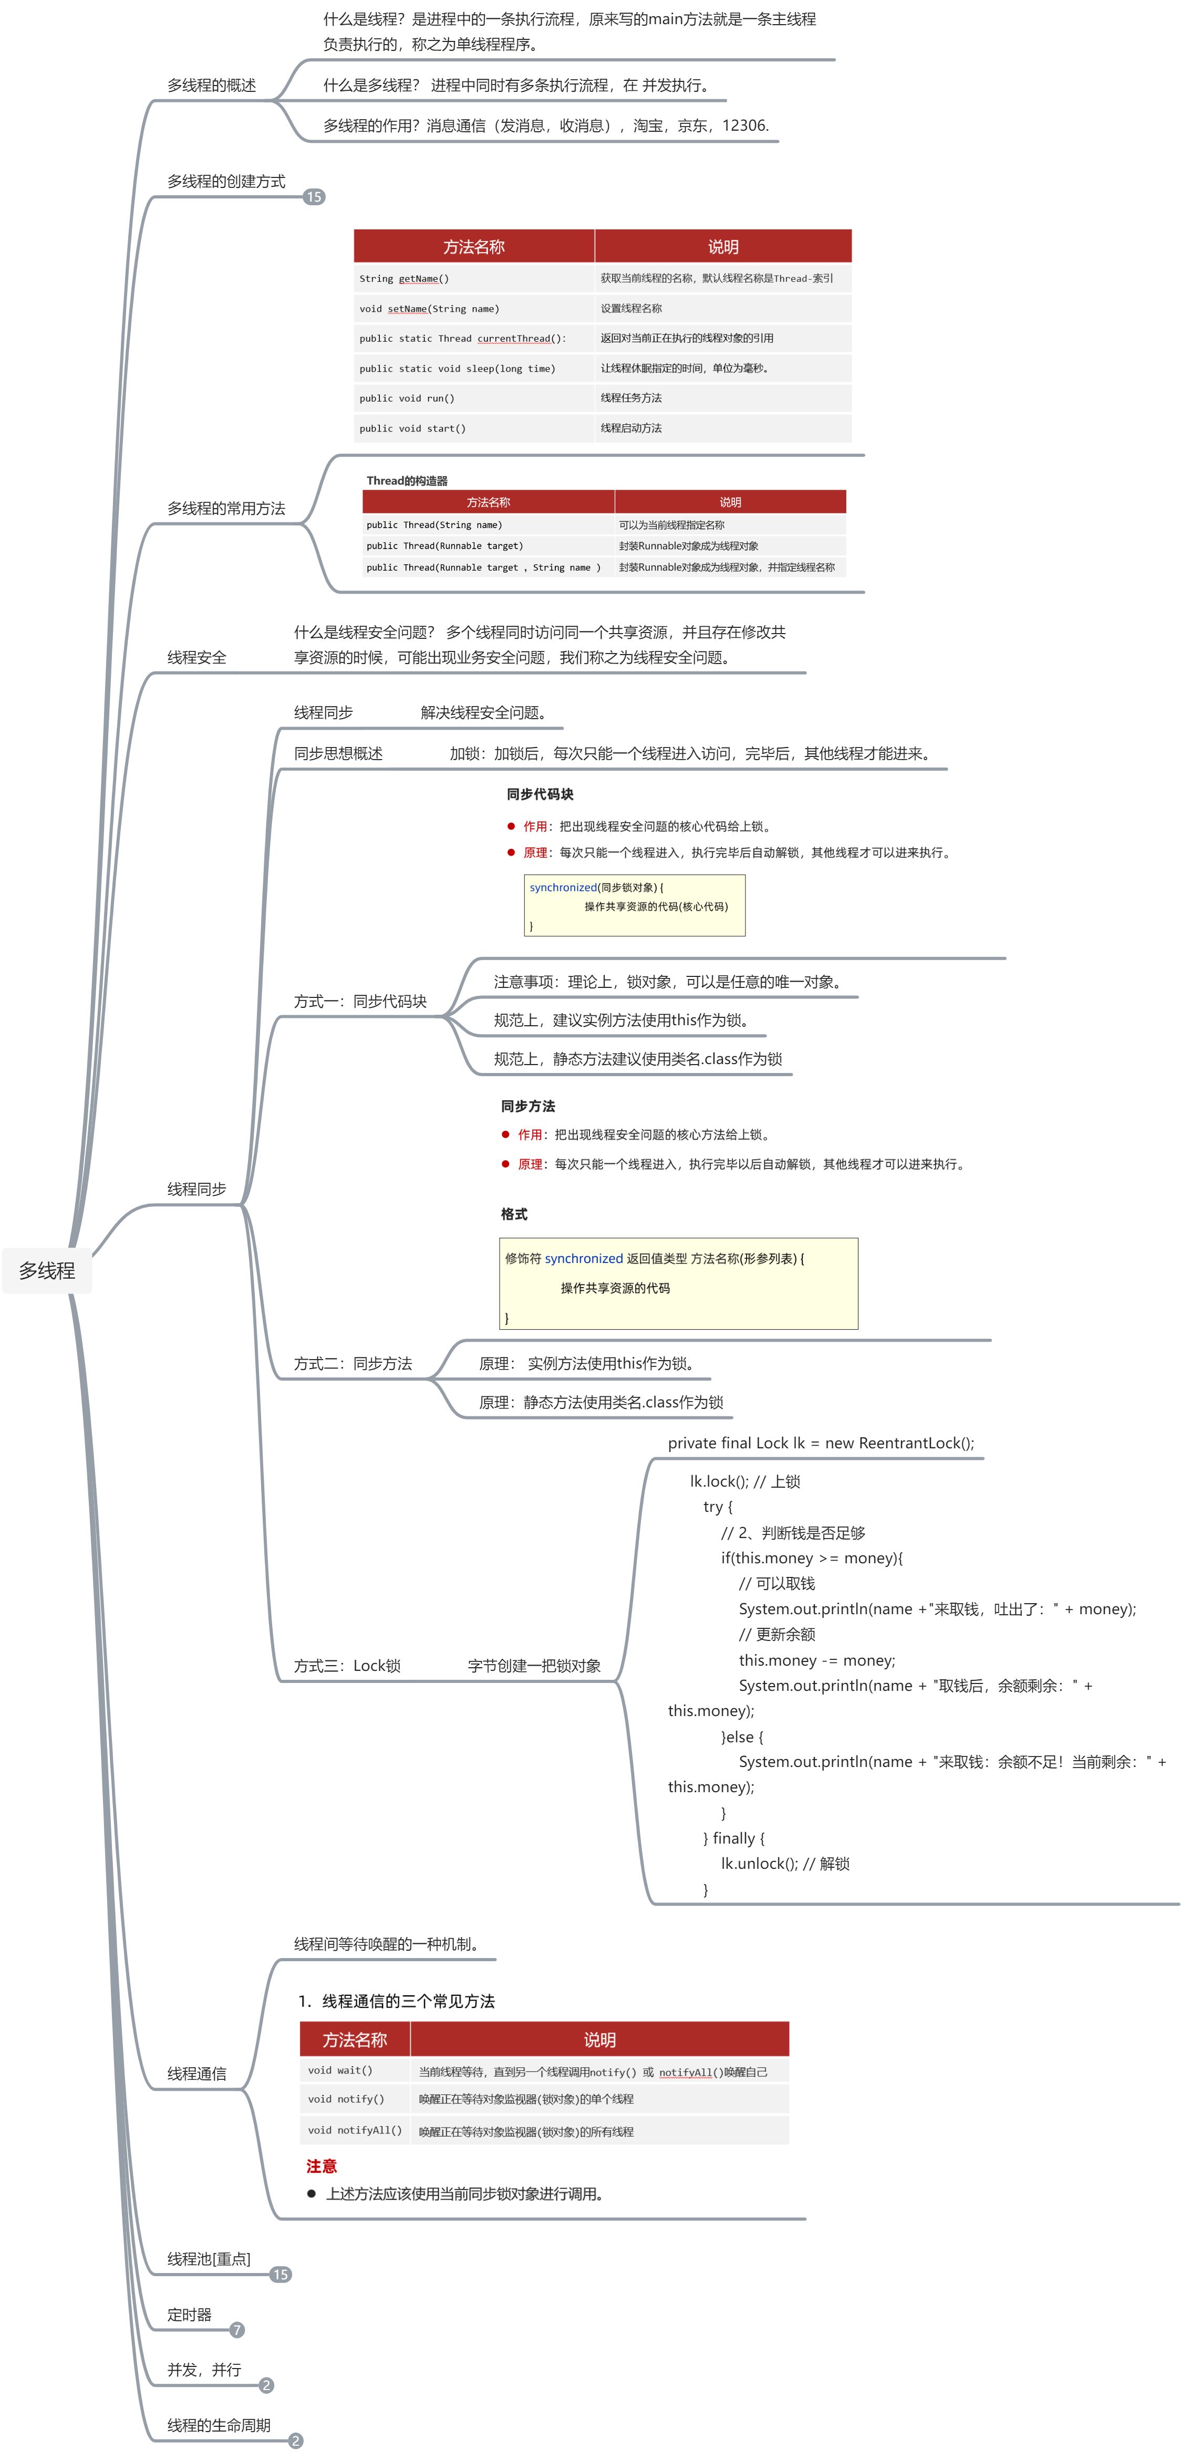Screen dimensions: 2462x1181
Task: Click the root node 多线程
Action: pyautogui.click(x=47, y=1270)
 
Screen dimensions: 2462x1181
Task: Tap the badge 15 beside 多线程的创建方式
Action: pyautogui.click(x=314, y=197)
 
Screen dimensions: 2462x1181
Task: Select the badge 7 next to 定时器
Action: pyautogui.click(x=237, y=2330)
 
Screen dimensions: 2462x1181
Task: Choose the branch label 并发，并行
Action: pyautogui.click(x=204, y=2369)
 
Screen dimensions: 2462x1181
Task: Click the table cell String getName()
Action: pyautogui.click(x=403, y=279)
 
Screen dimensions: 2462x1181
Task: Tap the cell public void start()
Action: pyautogui.click(x=412, y=428)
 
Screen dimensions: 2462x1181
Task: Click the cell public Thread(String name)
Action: pyautogui.click(x=433, y=525)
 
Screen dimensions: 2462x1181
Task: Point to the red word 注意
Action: pyautogui.click(x=322, y=2166)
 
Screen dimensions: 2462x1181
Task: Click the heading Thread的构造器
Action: pyautogui.click(x=407, y=481)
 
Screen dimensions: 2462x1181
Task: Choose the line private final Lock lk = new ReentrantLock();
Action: pyautogui.click(x=821, y=1443)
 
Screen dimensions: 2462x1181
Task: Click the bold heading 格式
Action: pyautogui.click(x=513, y=1214)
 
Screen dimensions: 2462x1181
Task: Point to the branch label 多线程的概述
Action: pyautogui.click(x=211, y=85)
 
